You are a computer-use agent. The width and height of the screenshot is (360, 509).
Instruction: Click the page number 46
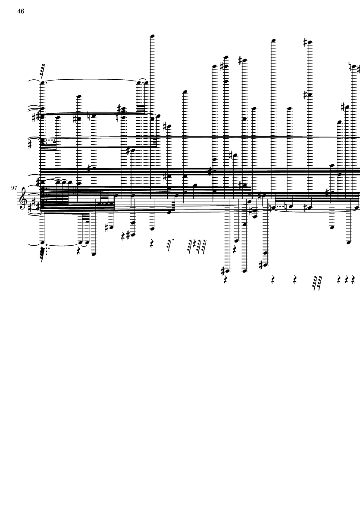click(21, 11)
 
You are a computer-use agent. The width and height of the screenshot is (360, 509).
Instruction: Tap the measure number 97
click(14, 188)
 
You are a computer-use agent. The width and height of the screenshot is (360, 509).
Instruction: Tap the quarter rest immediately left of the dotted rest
click(152, 244)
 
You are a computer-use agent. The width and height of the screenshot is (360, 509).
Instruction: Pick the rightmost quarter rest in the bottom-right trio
click(353, 279)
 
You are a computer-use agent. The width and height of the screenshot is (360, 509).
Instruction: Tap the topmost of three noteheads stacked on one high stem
click(226, 58)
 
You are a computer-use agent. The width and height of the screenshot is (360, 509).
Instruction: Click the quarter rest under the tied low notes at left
click(78, 251)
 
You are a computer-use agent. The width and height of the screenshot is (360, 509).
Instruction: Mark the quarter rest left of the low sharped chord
click(123, 236)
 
